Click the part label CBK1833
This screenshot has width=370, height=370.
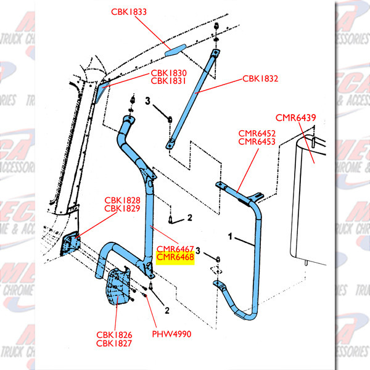129,12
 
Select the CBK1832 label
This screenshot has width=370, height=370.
260,78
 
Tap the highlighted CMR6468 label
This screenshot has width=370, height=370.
176,257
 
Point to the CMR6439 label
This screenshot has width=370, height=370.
294,117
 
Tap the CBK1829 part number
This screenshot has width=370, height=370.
122,210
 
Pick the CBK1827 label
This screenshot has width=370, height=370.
114,343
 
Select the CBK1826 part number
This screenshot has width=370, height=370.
114,335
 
